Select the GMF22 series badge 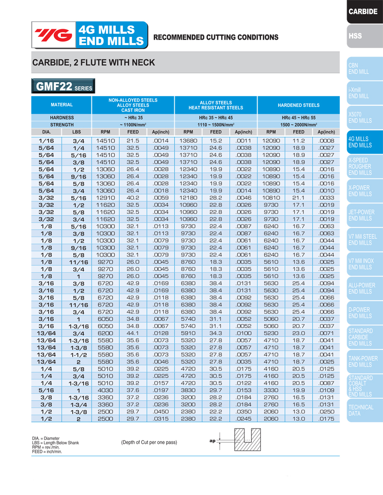click(62, 87)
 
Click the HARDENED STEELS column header click(298, 105)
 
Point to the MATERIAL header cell click(62, 105)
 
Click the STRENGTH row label click(62, 124)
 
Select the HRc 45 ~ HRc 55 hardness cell click(298, 117)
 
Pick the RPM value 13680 click(189, 141)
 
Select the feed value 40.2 click(133, 197)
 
